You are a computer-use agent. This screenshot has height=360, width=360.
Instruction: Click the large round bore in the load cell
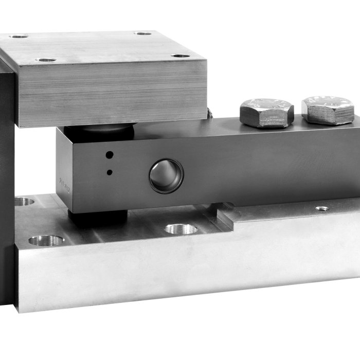166,176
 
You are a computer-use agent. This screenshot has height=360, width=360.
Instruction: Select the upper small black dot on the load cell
109,154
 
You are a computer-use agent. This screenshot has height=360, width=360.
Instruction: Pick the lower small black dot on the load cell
109,172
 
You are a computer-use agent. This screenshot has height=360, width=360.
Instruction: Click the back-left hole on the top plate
19,37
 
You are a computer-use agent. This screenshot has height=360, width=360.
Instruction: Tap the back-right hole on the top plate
142,33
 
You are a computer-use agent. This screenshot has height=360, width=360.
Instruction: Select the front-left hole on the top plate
46,60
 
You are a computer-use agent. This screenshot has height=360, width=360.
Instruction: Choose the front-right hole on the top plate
180,56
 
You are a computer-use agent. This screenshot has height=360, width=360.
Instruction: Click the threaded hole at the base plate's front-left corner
46,240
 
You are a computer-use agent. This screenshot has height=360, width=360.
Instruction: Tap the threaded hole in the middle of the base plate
181,228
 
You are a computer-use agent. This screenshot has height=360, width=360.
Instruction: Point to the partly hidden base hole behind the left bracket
23,201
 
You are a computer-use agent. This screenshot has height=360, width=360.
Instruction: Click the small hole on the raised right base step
322,208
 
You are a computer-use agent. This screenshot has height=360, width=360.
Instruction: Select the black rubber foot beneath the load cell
98,218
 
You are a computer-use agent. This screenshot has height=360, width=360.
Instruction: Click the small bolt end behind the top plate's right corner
210,114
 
